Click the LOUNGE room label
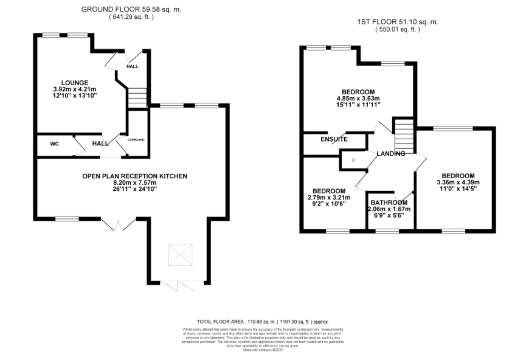75,83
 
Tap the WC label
54,144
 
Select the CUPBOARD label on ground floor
136,140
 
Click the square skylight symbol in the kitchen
180,255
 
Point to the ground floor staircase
137,98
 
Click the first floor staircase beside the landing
404,136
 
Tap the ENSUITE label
334,139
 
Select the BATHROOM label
389,203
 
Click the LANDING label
391,153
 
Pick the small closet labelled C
353,160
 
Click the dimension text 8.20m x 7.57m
135,183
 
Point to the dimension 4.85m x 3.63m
358,98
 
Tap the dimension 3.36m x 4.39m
458,182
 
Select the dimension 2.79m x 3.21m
329,197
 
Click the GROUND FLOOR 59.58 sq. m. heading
131,9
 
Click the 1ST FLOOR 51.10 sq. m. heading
398,22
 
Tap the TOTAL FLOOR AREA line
263,322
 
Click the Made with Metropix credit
263,350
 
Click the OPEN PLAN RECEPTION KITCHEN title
135,176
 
